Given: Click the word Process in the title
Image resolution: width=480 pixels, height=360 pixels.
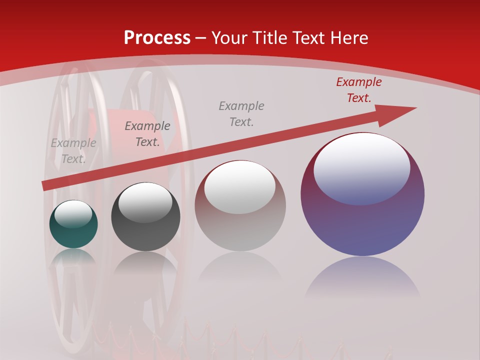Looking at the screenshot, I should (x=157, y=38).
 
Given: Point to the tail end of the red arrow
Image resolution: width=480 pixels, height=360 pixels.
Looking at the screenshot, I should (x=46, y=185).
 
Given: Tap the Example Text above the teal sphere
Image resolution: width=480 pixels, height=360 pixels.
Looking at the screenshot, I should (x=73, y=151).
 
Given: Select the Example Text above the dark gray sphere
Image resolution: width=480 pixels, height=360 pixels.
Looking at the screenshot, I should (x=147, y=134).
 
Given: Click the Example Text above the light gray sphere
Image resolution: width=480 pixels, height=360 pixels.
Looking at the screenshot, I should (x=241, y=114).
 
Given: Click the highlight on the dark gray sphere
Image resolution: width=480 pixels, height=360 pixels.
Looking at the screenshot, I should (x=145, y=202).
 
